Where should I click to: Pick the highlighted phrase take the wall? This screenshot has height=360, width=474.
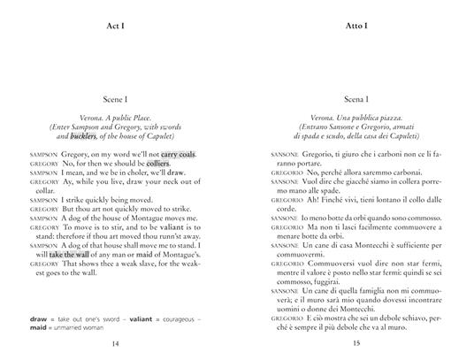click(x=67, y=254)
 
